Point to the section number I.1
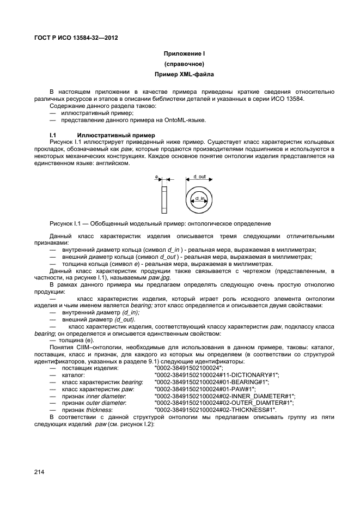53,135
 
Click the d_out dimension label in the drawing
199,177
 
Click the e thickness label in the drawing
156,177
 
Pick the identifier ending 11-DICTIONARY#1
216,375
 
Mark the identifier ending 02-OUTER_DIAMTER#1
224,403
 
